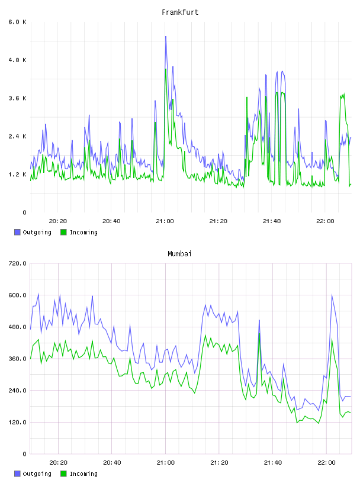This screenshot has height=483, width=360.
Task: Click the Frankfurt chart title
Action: [x=180, y=12]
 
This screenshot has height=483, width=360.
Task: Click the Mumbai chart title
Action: [x=179, y=254]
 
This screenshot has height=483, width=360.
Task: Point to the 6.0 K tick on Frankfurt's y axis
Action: [x=18, y=22]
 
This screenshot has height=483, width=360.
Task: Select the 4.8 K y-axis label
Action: [x=18, y=60]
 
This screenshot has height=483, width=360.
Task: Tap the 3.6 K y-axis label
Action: [x=18, y=98]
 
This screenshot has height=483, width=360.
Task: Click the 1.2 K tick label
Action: [x=18, y=175]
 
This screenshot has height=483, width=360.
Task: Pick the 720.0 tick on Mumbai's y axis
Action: [x=18, y=263]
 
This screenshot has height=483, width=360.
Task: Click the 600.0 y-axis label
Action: [x=18, y=295]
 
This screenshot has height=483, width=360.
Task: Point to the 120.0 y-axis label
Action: [x=18, y=422]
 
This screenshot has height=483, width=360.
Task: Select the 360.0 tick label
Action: [x=18, y=359]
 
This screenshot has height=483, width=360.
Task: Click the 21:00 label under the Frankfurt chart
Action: [x=165, y=221]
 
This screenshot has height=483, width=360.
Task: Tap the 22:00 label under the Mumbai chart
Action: [x=326, y=463]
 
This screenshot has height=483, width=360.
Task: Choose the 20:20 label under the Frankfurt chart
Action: [x=58, y=221]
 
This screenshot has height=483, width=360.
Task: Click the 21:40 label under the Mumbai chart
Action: [x=273, y=463]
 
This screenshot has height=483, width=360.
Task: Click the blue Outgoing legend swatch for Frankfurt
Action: [x=17, y=232]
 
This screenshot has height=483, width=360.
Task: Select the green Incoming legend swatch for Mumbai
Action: [x=63, y=474]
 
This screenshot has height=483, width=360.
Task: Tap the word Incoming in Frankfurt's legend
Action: [x=83, y=233]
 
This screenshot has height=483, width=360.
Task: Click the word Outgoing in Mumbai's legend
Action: [x=37, y=474]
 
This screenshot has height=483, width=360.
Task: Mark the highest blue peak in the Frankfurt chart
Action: [x=166, y=36]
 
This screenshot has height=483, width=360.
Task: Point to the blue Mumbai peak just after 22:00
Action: [x=332, y=295]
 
